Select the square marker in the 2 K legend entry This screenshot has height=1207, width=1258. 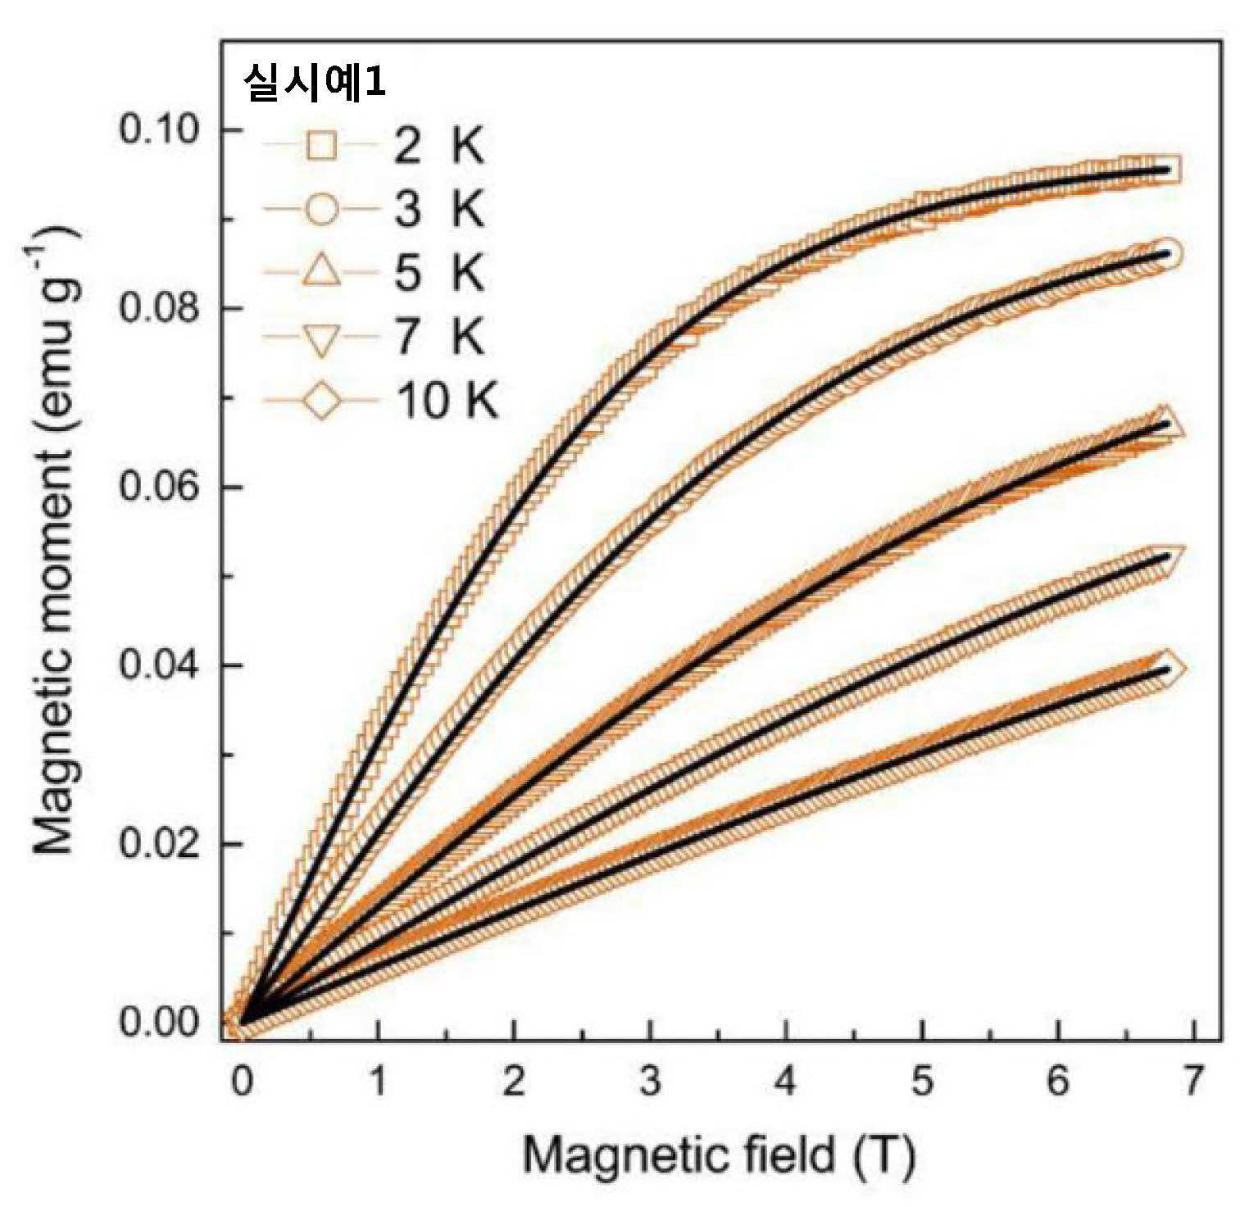pyautogui.click(x=322, y=148)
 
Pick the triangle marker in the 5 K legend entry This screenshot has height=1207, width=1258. pyautogui.click(x=322, y=271)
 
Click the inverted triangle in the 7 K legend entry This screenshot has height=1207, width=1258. pyautogui.click(x=322, y=338)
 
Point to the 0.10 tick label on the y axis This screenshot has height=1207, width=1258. pyautogui.click(x=161, y=130)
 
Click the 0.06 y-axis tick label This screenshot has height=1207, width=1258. pyautogui.click(x=161, y=487)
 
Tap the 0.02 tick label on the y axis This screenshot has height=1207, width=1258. pyautogui.click(x=161, y=844)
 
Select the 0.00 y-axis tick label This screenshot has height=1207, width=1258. pyautogui.click(x=161, y=1023)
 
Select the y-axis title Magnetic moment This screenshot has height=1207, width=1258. pyautogui.click(x=56, y=541)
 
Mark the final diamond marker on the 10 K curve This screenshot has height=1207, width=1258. pyautogui.click(x=1168, y=669)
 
